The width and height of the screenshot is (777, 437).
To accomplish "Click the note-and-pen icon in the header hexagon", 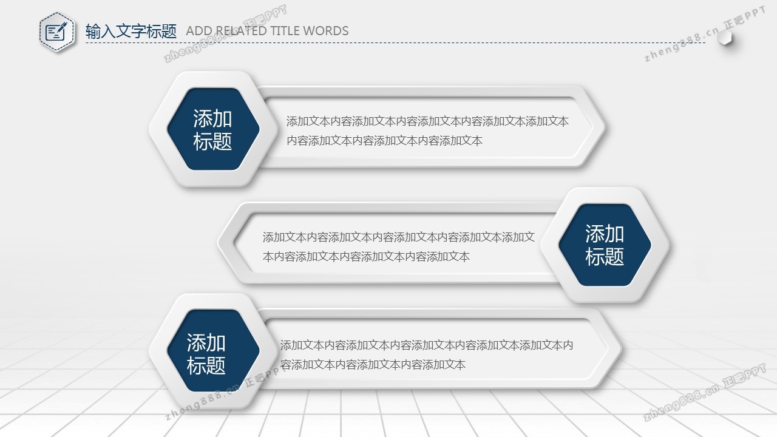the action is tap(56, 32).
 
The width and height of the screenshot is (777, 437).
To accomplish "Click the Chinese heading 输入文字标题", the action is tap(131, 31).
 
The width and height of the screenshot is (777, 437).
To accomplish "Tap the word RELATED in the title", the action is tap(241, 31).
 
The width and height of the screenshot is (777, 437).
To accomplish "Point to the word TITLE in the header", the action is tap(285, 31).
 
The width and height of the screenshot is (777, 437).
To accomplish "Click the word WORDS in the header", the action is tap(326, 31).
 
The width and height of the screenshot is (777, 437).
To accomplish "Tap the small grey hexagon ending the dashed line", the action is tap(725, 38).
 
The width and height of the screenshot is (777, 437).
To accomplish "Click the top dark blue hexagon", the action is tap(213, 129).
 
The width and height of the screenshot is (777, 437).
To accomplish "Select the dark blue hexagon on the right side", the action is tap(605, 245).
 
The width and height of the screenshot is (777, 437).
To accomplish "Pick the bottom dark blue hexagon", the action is tap(213, 351).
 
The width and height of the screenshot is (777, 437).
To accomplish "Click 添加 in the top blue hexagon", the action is tap(212, 118).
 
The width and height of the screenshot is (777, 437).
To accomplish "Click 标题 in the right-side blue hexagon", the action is tap(605, 257).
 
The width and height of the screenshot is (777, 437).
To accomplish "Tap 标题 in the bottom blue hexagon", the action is tap(206, 365).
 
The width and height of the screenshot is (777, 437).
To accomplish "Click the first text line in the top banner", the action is tap(427, 121).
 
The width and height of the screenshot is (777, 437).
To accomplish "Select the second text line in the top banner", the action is tap(384, 141).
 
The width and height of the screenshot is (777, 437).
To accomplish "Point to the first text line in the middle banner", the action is tap(399, 237).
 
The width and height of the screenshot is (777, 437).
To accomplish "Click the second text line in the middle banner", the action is tap(366, 257).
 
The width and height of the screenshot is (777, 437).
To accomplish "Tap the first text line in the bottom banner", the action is tap(426, 345).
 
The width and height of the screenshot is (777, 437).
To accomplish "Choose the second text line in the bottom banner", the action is tap(373, 365).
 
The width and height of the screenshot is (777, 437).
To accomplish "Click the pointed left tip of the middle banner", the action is tap(218, 242).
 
